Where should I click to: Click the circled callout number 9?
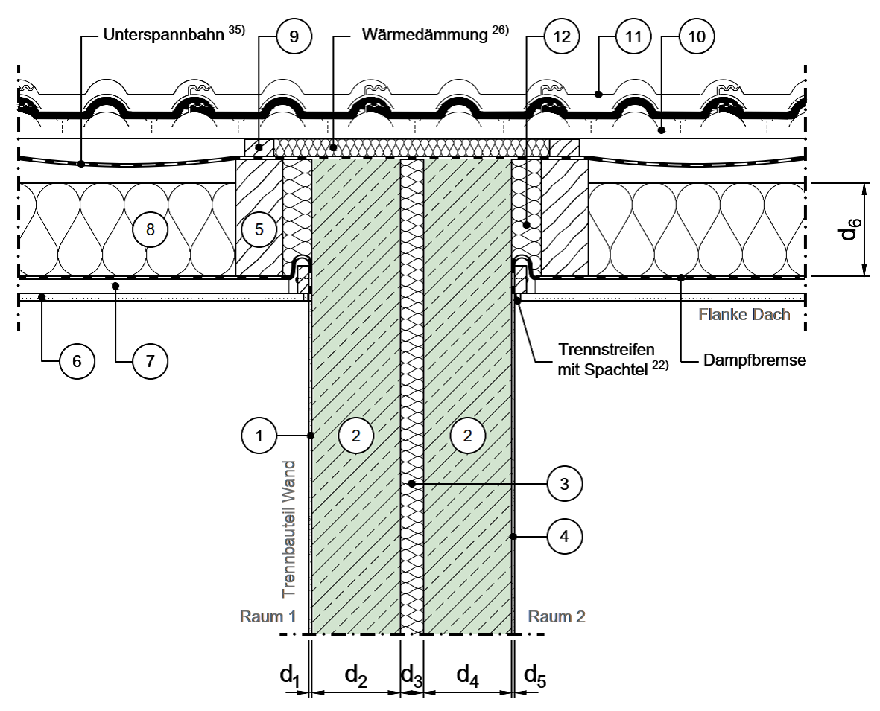point(294,38)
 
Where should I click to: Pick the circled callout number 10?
point(696,38)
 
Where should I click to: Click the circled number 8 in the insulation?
point(150,230)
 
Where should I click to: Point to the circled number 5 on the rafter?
point(259,230)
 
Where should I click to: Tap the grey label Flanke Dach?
point(743,315)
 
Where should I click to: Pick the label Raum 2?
point(557,617)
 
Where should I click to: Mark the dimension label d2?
point(355,675)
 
